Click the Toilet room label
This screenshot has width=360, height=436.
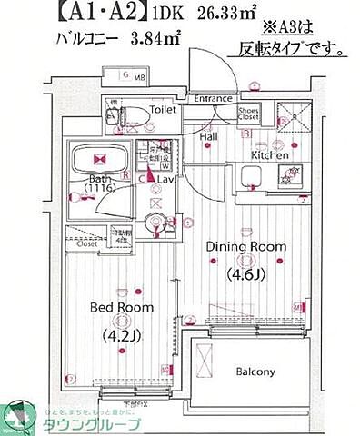click(x=164, y=110)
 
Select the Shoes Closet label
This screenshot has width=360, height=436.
click(x=248, y=113)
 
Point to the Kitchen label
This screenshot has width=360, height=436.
click(x=270, y=155)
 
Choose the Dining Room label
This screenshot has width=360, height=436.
click(x=245, y=246)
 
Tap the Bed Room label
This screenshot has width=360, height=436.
click(x=121, y=308)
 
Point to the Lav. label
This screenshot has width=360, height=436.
click(x=167, y=181)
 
